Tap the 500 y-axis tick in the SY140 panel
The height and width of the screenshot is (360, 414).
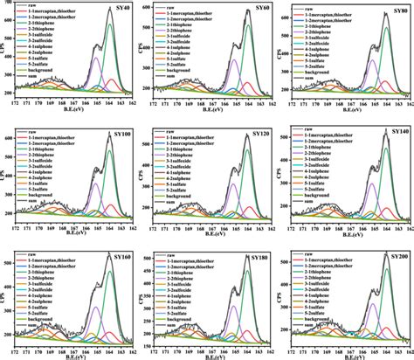coord(293,154)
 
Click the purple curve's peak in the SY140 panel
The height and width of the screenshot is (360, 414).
coord(373,183)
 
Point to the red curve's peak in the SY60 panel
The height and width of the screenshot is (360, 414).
coord(247,83)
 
